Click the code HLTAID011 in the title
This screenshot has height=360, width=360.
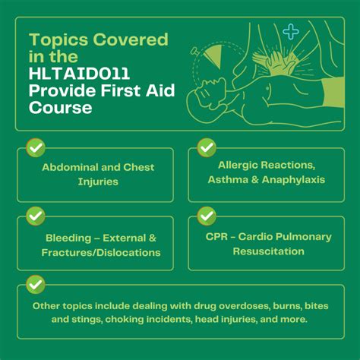79,74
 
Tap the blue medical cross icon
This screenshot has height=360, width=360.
291,31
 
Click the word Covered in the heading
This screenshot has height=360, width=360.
131,39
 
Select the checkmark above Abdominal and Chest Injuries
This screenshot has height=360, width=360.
36,148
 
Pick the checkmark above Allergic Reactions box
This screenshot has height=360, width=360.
207,148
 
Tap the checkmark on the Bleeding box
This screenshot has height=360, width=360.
36,216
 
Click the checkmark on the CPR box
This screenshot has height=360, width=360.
207,216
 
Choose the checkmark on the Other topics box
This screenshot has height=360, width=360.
36,285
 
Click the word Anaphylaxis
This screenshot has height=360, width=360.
293,180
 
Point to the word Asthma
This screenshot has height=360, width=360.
228,179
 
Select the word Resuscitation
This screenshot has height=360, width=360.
269,251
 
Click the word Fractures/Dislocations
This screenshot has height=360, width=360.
101,253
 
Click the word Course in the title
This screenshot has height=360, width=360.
61,108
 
